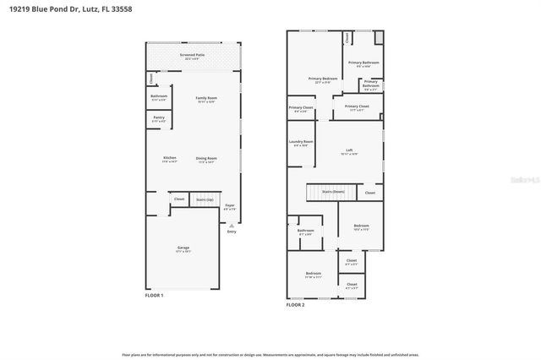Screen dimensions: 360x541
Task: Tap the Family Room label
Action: point(195,99)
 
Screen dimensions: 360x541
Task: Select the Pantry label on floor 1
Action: point(158,117)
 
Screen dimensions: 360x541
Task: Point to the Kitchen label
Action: point(170,157)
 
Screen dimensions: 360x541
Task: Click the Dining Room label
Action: point(207,158)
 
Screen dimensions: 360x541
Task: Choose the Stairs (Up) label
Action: point(205,199)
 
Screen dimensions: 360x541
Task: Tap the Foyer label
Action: point(229,205)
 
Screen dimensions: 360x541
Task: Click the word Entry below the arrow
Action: point(232,232)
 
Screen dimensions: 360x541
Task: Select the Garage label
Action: point(183,248)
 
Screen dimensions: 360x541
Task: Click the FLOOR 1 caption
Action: point(154,295)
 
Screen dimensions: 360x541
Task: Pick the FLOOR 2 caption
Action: point(295,303)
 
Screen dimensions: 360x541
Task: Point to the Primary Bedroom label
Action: point(325,79)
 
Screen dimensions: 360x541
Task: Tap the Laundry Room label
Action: point(301,141)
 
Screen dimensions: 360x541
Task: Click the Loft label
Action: point(349,150)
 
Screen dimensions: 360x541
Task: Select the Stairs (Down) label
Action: point(333,192)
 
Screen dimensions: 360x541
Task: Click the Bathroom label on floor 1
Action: point(158,95)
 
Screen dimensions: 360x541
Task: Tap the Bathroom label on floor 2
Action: point(305,231)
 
